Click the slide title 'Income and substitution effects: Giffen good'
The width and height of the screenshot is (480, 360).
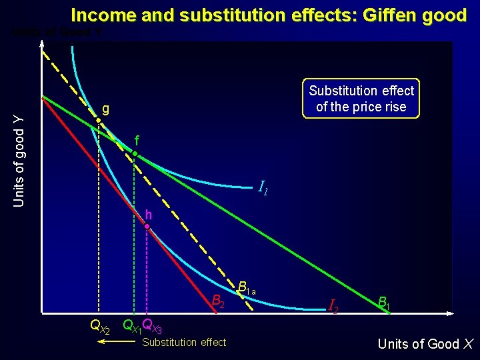click(269, 15)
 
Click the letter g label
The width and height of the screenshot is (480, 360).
click(106, 109)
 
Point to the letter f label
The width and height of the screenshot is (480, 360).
click(136, 141)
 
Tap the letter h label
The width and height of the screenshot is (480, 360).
click(149, 215)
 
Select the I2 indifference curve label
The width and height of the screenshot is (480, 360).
click(334, 306)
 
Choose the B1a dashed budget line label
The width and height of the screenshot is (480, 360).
click(247, 289)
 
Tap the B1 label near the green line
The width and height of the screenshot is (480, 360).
click(384, 304)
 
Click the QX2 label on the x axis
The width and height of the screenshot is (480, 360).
click(100, 327)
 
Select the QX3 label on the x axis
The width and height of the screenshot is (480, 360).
click(153, 327)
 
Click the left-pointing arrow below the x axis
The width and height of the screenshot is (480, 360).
click(113, 341)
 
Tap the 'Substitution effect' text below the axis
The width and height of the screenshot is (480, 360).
click(184, 343)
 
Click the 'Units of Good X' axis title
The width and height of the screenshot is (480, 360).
click(425, 344)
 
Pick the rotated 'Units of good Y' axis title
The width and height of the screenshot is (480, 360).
click(19, 160)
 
